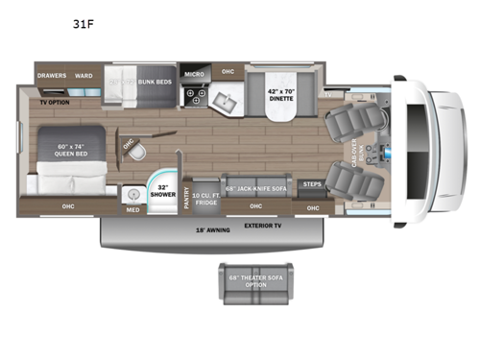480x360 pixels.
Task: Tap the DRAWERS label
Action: (x=51, y=74)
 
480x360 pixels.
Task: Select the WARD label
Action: (x=84, y=74)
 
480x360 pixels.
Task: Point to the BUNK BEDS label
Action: (x=155, y=81)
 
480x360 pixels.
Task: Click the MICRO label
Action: (x=194, y=74)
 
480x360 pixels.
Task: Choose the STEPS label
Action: (x=312, y=183)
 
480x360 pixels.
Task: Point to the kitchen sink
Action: (x=230, y=101)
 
